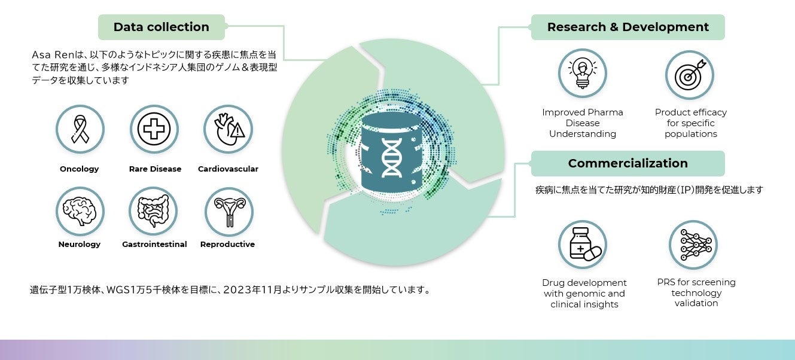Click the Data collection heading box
(161, 27)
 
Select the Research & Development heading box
(628, 27)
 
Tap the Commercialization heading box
(628, 163)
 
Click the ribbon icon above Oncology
(80, 129)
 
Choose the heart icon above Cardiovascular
(229, 129)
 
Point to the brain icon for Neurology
(80, 211)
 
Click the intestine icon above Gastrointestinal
(154, 211)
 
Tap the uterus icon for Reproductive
(229, 211)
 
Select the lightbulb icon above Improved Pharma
(582, 74)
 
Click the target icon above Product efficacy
(690, 75)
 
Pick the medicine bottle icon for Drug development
(583, 244)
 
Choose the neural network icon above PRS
(693, 245)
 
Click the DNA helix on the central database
(392, 156)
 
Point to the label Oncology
(80, 169)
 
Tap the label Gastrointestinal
(154, 245)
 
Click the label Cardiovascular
(228, 169)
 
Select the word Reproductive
(227, 245)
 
